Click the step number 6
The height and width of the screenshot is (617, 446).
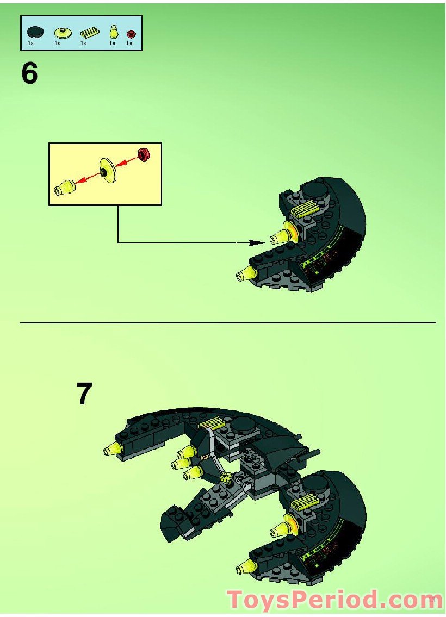[x=29, y=73]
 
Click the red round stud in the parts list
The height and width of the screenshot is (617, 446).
[x=131, y=34]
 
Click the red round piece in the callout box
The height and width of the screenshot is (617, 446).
[x=144, y=154]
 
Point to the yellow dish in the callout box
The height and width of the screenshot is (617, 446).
[x=108, y=171]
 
